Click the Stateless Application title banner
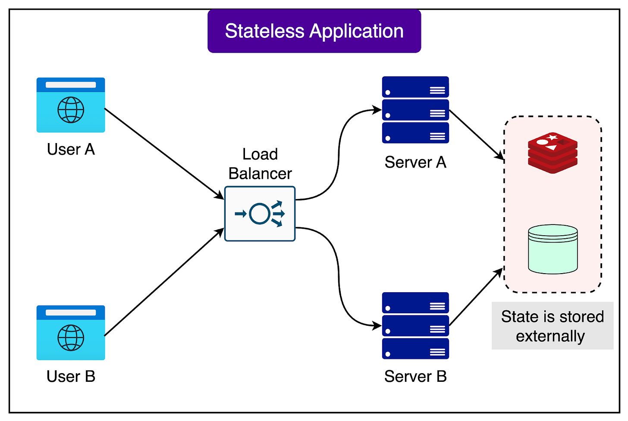tap(314, 31)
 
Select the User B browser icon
tap(71, 332)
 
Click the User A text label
tap(71, 150)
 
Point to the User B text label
tap(71, 377)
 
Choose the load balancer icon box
tap(260, 214)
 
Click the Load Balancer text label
tap(260, 164)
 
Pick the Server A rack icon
tap(415, 109)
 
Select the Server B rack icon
tap(415, 326)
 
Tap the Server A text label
tap(415, 162)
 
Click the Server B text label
tap(415, 377)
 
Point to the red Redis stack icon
tap(553, 153)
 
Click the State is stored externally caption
tap(552, 326)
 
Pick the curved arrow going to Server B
tap(339, 276)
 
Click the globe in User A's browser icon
tap(71, 110)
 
